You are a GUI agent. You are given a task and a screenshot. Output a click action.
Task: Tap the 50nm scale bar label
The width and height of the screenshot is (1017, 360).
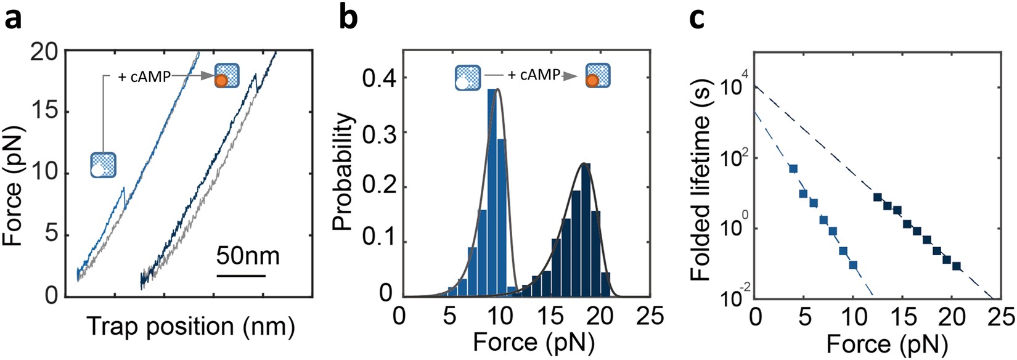[x=248, y=255]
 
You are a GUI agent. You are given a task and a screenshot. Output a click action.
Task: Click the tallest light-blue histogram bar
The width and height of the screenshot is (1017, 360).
[x=492, y=191]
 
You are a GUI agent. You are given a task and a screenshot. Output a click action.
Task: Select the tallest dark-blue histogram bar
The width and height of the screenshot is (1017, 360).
[x=586, y=228]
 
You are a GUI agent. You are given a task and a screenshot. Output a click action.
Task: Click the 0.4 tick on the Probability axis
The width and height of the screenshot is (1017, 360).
[x=378, y=78]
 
